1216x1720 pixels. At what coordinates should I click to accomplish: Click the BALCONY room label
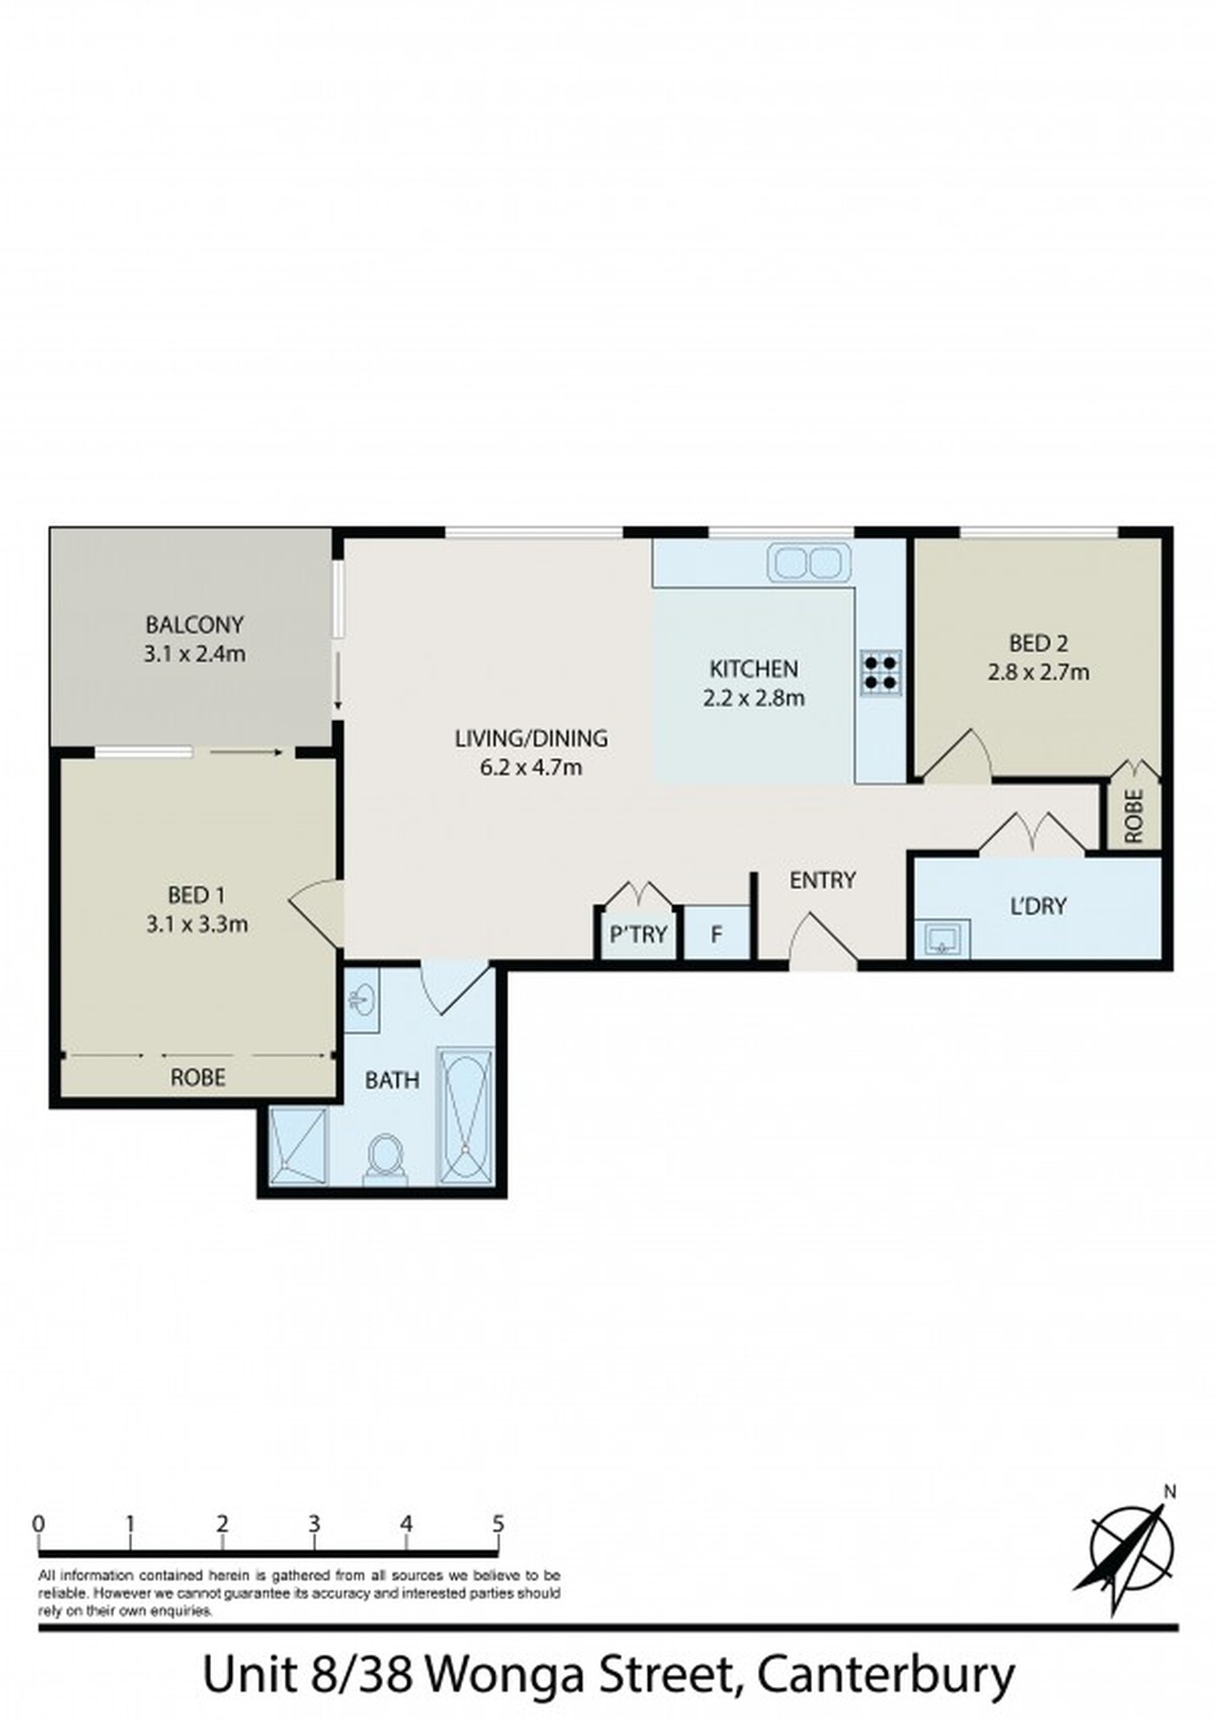coord(195,625)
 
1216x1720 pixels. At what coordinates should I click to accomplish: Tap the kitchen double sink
coord(809,562)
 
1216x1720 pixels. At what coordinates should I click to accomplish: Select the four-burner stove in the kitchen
coord(881,672)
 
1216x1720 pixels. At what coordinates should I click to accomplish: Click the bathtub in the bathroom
coord(465,1116)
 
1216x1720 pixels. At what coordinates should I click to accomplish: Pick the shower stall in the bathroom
coord(299,1146)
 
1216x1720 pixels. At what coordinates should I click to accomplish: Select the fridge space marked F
coord(717,933)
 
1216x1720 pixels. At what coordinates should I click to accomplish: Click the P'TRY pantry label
coord(638,935)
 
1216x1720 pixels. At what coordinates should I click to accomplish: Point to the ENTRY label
coord(823,881)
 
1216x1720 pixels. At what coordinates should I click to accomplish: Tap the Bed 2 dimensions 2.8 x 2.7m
coord(1038,671)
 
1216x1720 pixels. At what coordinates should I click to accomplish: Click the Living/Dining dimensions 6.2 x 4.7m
coord(531,767)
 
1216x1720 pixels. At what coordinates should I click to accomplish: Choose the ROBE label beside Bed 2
coord(1133,816)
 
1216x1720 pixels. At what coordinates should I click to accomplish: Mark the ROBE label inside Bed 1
coord(198,1078)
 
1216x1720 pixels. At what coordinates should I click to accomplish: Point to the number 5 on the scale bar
coord(498,1524)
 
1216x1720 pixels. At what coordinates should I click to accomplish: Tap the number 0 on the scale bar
coord(38,1524)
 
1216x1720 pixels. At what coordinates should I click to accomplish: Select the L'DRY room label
coord(1038,906)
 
